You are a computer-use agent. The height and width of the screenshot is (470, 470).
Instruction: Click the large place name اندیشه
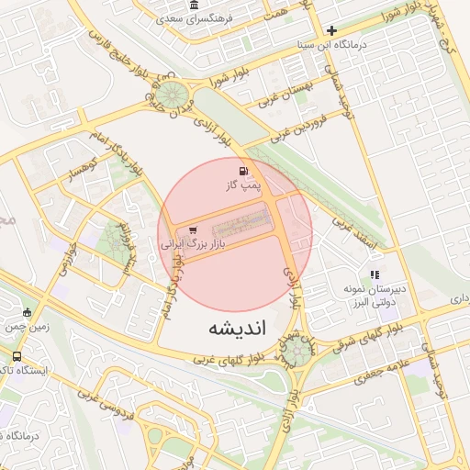click(x=236, y=328)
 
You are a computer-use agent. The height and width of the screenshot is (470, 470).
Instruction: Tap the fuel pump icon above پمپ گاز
click(x=243, y=171)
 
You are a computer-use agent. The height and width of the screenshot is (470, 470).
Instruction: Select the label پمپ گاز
click(x=244, y=186)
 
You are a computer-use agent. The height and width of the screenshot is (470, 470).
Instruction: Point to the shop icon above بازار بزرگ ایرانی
click(x=192, y=230)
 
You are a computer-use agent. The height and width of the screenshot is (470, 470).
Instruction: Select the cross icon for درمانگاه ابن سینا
click(x=331, y=30)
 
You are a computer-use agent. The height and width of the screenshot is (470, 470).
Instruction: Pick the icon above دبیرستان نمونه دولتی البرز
click(x=374, y=274)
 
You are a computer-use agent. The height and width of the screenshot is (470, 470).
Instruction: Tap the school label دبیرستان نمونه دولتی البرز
click(x=374, y=296)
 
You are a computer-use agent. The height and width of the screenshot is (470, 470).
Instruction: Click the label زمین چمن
click(x=27, y=326)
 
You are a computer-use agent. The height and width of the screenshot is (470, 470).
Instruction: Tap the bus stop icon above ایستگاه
click(x=17, y=356)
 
